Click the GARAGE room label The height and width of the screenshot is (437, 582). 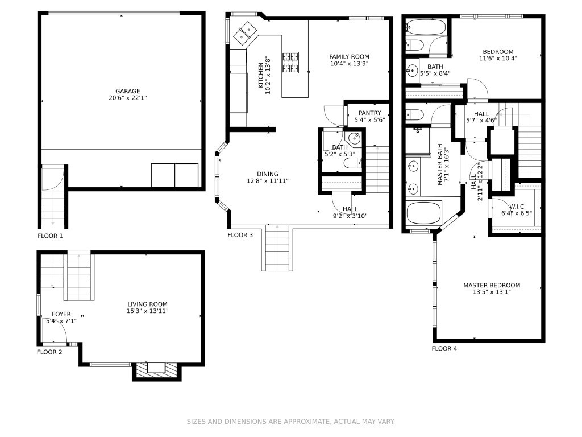coord(128,91)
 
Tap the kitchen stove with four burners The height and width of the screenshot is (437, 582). coord(290,63)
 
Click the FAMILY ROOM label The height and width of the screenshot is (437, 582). coord(350,57)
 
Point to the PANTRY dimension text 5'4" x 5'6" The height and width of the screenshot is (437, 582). coord(369,120)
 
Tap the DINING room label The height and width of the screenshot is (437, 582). coord(268,174)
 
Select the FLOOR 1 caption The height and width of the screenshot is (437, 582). coord(50,236)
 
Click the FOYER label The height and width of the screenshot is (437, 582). coord(61,314)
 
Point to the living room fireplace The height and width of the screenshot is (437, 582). coord(157,370)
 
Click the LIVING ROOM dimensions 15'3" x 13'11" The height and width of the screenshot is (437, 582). coord(147,311)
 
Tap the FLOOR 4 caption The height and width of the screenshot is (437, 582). coord(444,349)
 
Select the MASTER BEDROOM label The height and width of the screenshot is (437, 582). coord(492,286)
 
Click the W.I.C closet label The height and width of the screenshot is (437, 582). coord(517,207)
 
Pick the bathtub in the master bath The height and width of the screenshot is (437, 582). coord(423,213)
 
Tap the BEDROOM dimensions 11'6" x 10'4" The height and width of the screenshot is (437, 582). coord(498,59)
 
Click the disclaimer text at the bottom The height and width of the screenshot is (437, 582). coord(290,422)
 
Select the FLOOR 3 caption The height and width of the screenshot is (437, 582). coord(240,235)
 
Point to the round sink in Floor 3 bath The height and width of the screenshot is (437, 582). coord(355,139)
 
